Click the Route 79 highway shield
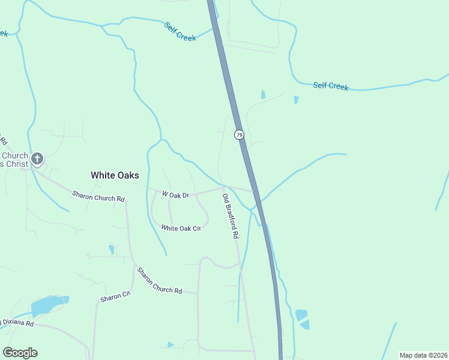click(240, 135)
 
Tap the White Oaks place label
click(115, 175)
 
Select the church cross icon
click(37, 159)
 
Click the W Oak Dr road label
click(175, 194)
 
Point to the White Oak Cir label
click(181, 228)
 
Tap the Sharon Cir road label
click(115, 296)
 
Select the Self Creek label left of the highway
click(180, 31)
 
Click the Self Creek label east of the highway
click(330, 86)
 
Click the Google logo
click(20, 353)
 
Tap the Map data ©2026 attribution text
click(423, 355)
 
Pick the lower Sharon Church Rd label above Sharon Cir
click(159, 280)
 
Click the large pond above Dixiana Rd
click(49, 305)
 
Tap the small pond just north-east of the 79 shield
click(263, 94)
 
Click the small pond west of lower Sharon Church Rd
click(111, 248)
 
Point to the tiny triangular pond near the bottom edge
click(171, 344)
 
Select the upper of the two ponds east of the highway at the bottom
click(301, 315)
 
